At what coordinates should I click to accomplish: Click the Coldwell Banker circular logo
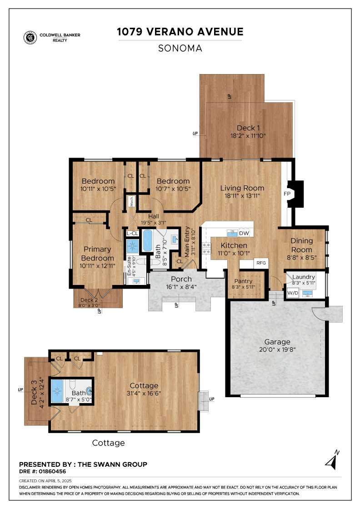(30, 37)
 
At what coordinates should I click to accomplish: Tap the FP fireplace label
(287, 194)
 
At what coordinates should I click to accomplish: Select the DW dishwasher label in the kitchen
(244, 233)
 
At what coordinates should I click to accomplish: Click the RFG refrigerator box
(261, 263)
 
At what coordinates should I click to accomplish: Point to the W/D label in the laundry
(293, 293)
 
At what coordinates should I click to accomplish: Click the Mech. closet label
(132, 201)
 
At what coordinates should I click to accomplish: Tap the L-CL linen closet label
(132, 234)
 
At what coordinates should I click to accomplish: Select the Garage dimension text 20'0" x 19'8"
(277, 349)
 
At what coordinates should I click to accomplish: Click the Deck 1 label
(248, 128)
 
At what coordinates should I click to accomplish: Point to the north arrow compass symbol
(332, 460)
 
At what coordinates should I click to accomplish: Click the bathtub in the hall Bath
(147, 240)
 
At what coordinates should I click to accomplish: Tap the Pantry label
(243, 281)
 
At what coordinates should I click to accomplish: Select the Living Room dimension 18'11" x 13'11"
(242, 196)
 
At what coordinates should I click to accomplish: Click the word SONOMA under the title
(180, 48)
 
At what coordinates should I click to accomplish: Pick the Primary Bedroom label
(97, 254)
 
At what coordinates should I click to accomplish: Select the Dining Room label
(301, 245)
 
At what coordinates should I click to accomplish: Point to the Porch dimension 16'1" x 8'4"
(181, 287)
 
